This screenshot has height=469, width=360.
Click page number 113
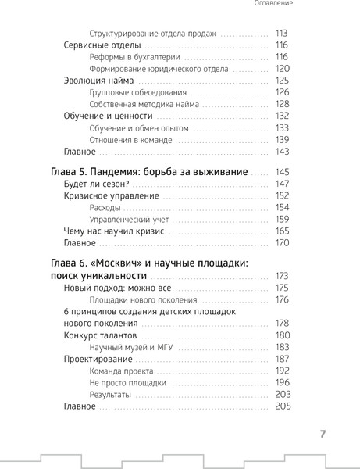(282, 34)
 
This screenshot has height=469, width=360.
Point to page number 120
(282, 69)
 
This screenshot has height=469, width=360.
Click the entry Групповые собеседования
(140, 92)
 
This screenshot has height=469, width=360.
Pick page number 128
(282, 104)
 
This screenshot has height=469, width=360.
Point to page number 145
(282, 171)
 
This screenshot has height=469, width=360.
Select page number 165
(282, 231)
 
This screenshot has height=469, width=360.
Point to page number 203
(282, 394)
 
